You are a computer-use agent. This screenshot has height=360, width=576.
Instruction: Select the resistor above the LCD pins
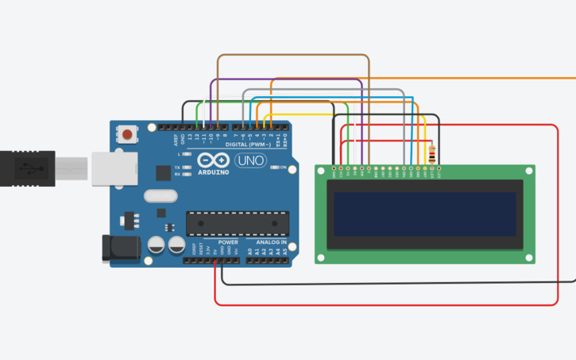431,154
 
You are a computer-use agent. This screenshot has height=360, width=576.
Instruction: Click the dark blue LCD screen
424,215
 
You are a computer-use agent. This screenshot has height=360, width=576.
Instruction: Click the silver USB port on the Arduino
109,169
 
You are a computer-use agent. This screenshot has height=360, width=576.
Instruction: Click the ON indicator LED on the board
273,168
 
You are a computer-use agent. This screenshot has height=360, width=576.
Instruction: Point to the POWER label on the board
228,242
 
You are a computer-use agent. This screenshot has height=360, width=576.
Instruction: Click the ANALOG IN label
271,242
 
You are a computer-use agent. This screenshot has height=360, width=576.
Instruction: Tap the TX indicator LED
187,168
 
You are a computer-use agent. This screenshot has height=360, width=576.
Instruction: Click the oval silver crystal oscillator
158,196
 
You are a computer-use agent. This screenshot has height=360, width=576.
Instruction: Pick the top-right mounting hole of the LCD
528,171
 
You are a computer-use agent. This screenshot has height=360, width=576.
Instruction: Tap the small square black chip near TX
163,172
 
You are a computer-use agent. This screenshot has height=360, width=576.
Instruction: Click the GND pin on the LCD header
334,168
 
